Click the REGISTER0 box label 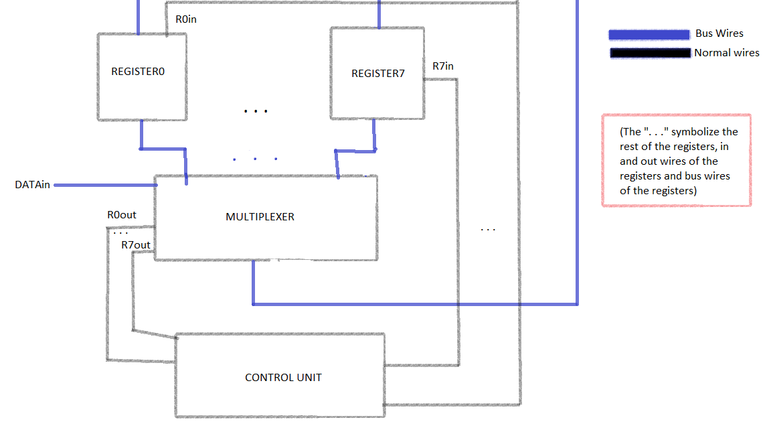click(x=138, y=71)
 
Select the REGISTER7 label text click(x=378, y=74)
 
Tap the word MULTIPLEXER click(x=260, y=217)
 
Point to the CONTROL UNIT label click(x=283, y=378)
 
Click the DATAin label click(x=32, y=185)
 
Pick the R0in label click(x=186, y=19)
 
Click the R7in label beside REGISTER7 click(x=443, y=66)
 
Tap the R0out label click(x=121, y=215)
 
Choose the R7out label click(x=135, y=245)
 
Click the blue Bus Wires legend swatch click(x=649, y=34)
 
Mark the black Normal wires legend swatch click(x=649, y=53)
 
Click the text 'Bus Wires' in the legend click(x=719, y=33)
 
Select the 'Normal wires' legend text click(x=727, y=53)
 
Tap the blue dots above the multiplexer click(x=255, y=159)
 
